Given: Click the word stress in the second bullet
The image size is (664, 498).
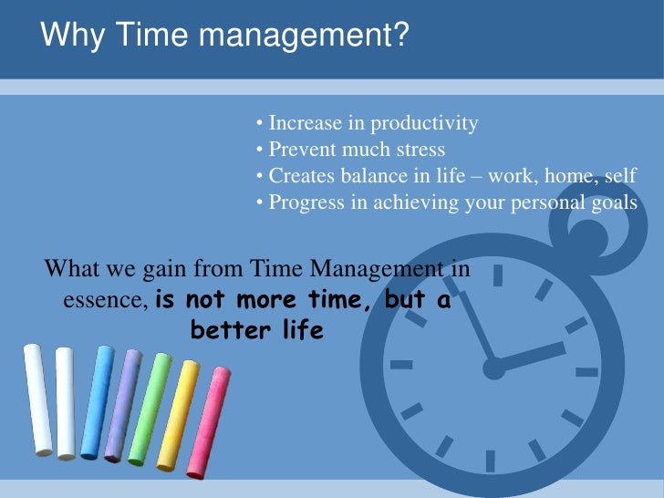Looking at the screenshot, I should tap(420, 150).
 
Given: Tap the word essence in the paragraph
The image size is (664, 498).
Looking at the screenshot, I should tap(103, 300).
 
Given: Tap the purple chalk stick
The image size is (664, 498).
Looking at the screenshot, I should tap(122, 405).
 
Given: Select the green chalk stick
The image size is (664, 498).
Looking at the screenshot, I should tap(150, 407).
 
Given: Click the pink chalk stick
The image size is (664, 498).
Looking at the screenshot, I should tap(208, 420).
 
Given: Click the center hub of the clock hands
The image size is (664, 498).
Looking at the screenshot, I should tap(493, 368).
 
